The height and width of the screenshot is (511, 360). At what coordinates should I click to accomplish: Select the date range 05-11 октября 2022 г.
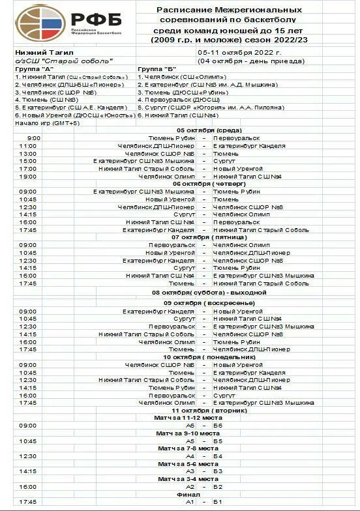point(239,53)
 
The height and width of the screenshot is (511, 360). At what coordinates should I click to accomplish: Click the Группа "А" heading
point(35,68)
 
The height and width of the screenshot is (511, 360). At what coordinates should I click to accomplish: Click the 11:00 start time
point(27,145)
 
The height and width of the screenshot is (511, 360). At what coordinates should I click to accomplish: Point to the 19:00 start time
point(27,176)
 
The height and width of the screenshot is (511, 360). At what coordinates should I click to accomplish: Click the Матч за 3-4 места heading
point(188,478)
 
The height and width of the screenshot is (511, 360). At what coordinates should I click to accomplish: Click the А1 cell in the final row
point(190,502)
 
